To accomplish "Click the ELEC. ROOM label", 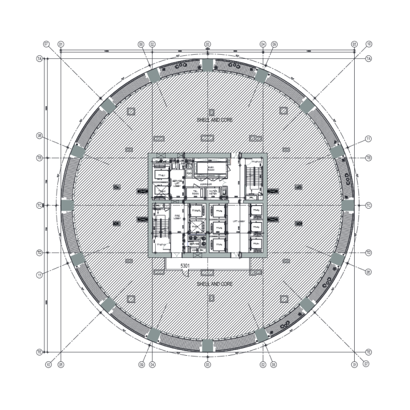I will pos(211,168).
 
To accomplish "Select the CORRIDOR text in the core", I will pos(206,184).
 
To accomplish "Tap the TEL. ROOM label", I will pos(195,192).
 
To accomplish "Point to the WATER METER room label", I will pos(213,192).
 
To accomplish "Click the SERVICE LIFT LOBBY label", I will pos(177,183).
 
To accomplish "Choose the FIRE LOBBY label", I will pos(177,217).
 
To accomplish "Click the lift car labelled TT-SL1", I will pos(161,175).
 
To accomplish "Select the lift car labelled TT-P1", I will pos(256,244).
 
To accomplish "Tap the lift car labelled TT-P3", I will pos(256,210).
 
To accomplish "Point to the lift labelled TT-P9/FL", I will pos(196,211).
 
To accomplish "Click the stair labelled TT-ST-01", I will pos(161,244).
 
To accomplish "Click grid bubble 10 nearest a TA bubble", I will pos(368,44).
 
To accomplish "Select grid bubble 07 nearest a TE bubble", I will pos(366,365).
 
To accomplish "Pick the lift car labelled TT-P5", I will pos(219,228).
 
